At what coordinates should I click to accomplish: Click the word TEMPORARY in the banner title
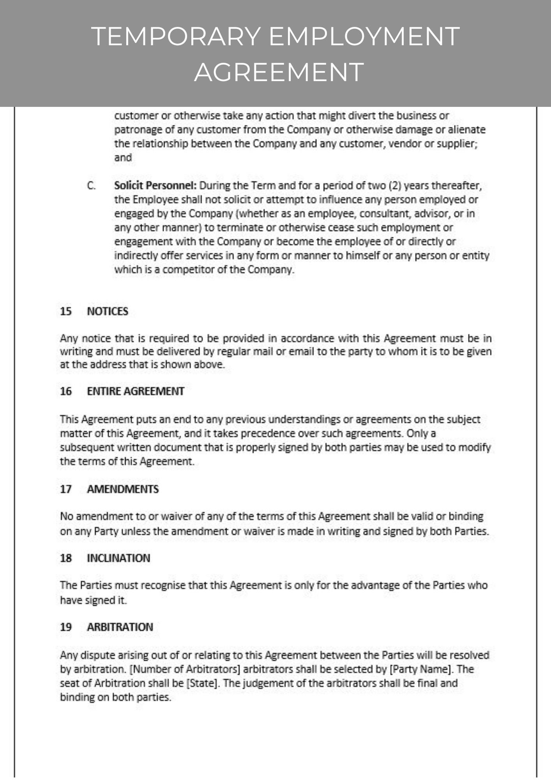pyautogui.click(x=176, y=36)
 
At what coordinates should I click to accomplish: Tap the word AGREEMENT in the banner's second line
pyautogui.click(x=279, y=72)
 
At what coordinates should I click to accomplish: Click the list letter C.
pyautogui.click(x=91, y=186)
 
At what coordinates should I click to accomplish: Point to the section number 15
pyautogui.click(x=66, y=311)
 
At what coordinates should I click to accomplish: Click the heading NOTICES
pyautogui.click(x=108, y=311)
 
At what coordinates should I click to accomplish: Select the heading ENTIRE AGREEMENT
pyautogui.click(x=135, y=391)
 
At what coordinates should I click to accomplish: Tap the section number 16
pyautogui.click(x=66, y=391)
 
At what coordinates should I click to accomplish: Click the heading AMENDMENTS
pyautogui.click(x=123, y=489)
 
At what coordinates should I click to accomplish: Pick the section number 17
pyautogui.click(x=66, y=489)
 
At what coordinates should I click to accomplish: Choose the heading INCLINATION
pyautogui.click(x=118, y=558)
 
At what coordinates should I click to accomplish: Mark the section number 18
pyautogui.click(x=66, y=558)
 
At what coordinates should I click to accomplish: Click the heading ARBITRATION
pyautogui.click(x=120, y=627)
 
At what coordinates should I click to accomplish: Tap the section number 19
pyautogui.click(x=66, y=627)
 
